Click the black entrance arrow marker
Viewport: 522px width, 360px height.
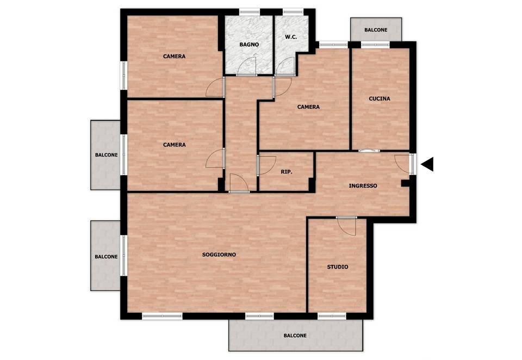(427, 164)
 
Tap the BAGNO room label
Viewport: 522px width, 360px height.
(249, 44)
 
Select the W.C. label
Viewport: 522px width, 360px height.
(291, 37)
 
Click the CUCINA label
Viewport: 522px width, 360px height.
(380, 98)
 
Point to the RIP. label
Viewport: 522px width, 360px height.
(287, 172)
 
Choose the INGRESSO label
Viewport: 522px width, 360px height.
(363, 186)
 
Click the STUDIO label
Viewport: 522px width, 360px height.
(338, 267)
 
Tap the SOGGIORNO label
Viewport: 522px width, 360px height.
(219, 255)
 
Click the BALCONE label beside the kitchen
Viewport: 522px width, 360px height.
(376, 30)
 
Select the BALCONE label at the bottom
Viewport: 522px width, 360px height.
(295, 336)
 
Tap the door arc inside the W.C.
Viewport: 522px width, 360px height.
(286, 66)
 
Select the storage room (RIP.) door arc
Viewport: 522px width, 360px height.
(267, 165)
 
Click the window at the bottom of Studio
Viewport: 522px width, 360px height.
(332, 316)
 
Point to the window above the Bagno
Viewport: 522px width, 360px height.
(250, 13)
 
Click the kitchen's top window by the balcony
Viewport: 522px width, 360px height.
(375, 45)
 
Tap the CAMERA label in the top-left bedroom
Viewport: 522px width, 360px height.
(174, 57)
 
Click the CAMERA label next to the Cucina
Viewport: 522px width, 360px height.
(308, 107)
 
